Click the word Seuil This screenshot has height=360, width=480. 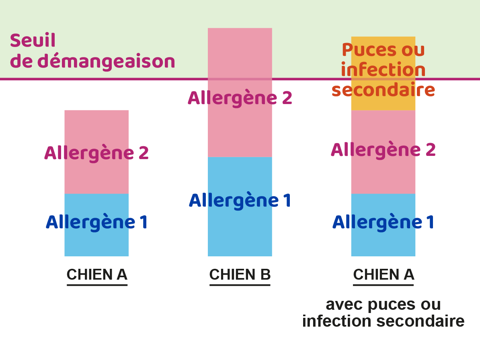click(x=33, y=40)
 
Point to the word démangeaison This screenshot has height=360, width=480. click(x=106, y=61)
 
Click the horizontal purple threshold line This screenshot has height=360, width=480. click(x=240, y=79)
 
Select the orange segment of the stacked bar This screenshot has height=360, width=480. click(x=383, y=74)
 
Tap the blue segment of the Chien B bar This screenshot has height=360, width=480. click(x=240, y=207)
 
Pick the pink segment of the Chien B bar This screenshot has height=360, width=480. click(x=240, y=93)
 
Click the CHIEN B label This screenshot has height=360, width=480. click(x=240, y=275)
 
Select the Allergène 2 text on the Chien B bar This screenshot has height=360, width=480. click(x=240, y=98)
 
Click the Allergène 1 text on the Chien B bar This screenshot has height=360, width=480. click(x=240, y=200)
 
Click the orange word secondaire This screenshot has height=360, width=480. click(x=383, y=90)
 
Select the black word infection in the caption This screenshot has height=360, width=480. click(x=337, y=321)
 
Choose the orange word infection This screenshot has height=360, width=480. click(x=383, y=70)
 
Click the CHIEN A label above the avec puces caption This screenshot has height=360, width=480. click(x=384, y=275)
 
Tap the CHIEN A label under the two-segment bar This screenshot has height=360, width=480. click(x=97, y=275)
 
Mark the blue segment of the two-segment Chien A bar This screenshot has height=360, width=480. click(x=96, y=225)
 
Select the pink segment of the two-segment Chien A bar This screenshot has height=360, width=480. click(x=96, y=152)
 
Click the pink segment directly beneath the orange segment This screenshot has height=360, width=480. click(x=383, y=152)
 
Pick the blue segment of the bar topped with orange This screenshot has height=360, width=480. click(x=383, y=225)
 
